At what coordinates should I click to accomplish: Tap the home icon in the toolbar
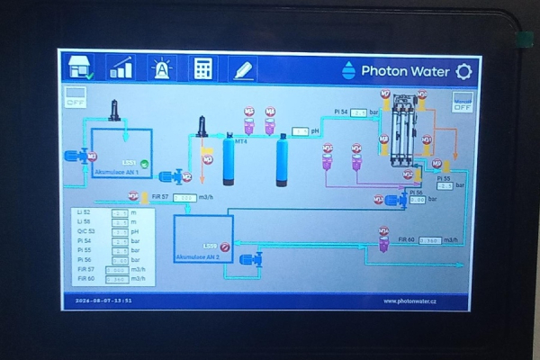[78, 67]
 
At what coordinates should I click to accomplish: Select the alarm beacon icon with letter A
[161, 67]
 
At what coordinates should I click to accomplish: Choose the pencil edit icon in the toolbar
[242, 67]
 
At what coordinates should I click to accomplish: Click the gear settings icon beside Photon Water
[463, 70]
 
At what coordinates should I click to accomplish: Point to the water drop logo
[349, 70]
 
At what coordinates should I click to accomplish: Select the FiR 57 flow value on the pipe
[184, 197]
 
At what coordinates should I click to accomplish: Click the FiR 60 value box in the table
[117, 279]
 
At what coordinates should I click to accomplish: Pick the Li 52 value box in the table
[120, 213]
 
